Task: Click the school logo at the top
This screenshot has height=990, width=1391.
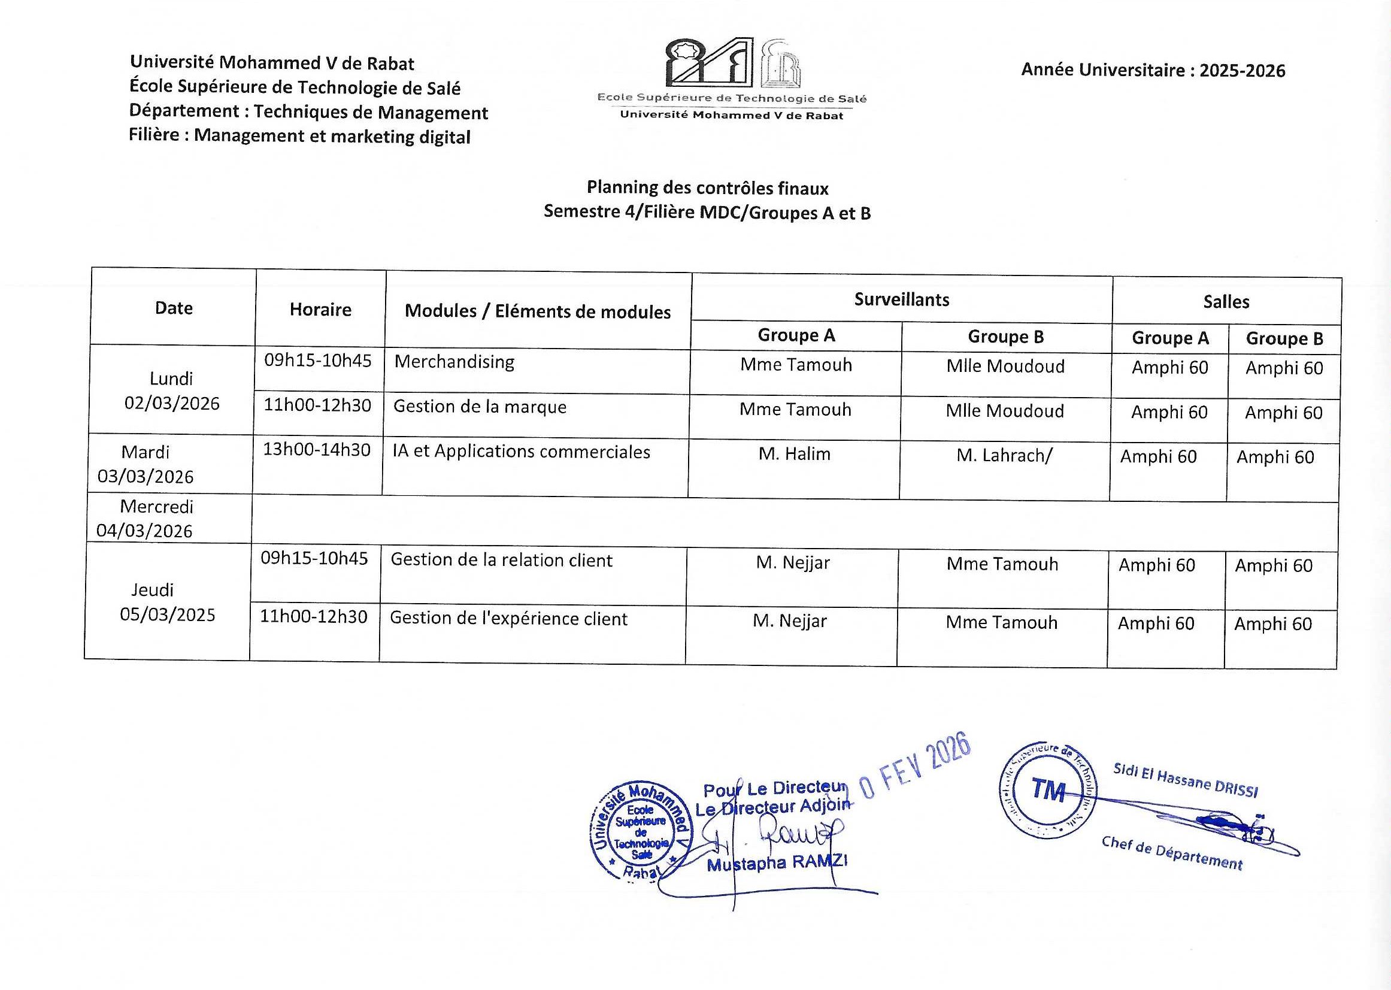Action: pyautogui.click(x=732, y=78)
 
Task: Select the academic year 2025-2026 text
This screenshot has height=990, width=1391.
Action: pyautogui.click(x=1153, y=71)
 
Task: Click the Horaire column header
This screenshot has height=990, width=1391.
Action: pyautogui.click(x=320, y=310)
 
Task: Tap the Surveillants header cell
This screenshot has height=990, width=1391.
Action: pyautogui.click(x=902, y=299)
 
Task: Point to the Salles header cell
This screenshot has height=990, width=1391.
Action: pyautogui.click(x=1226, y=302)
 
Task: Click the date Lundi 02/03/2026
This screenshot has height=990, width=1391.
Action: pyautogui.click(x=172, y=390)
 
